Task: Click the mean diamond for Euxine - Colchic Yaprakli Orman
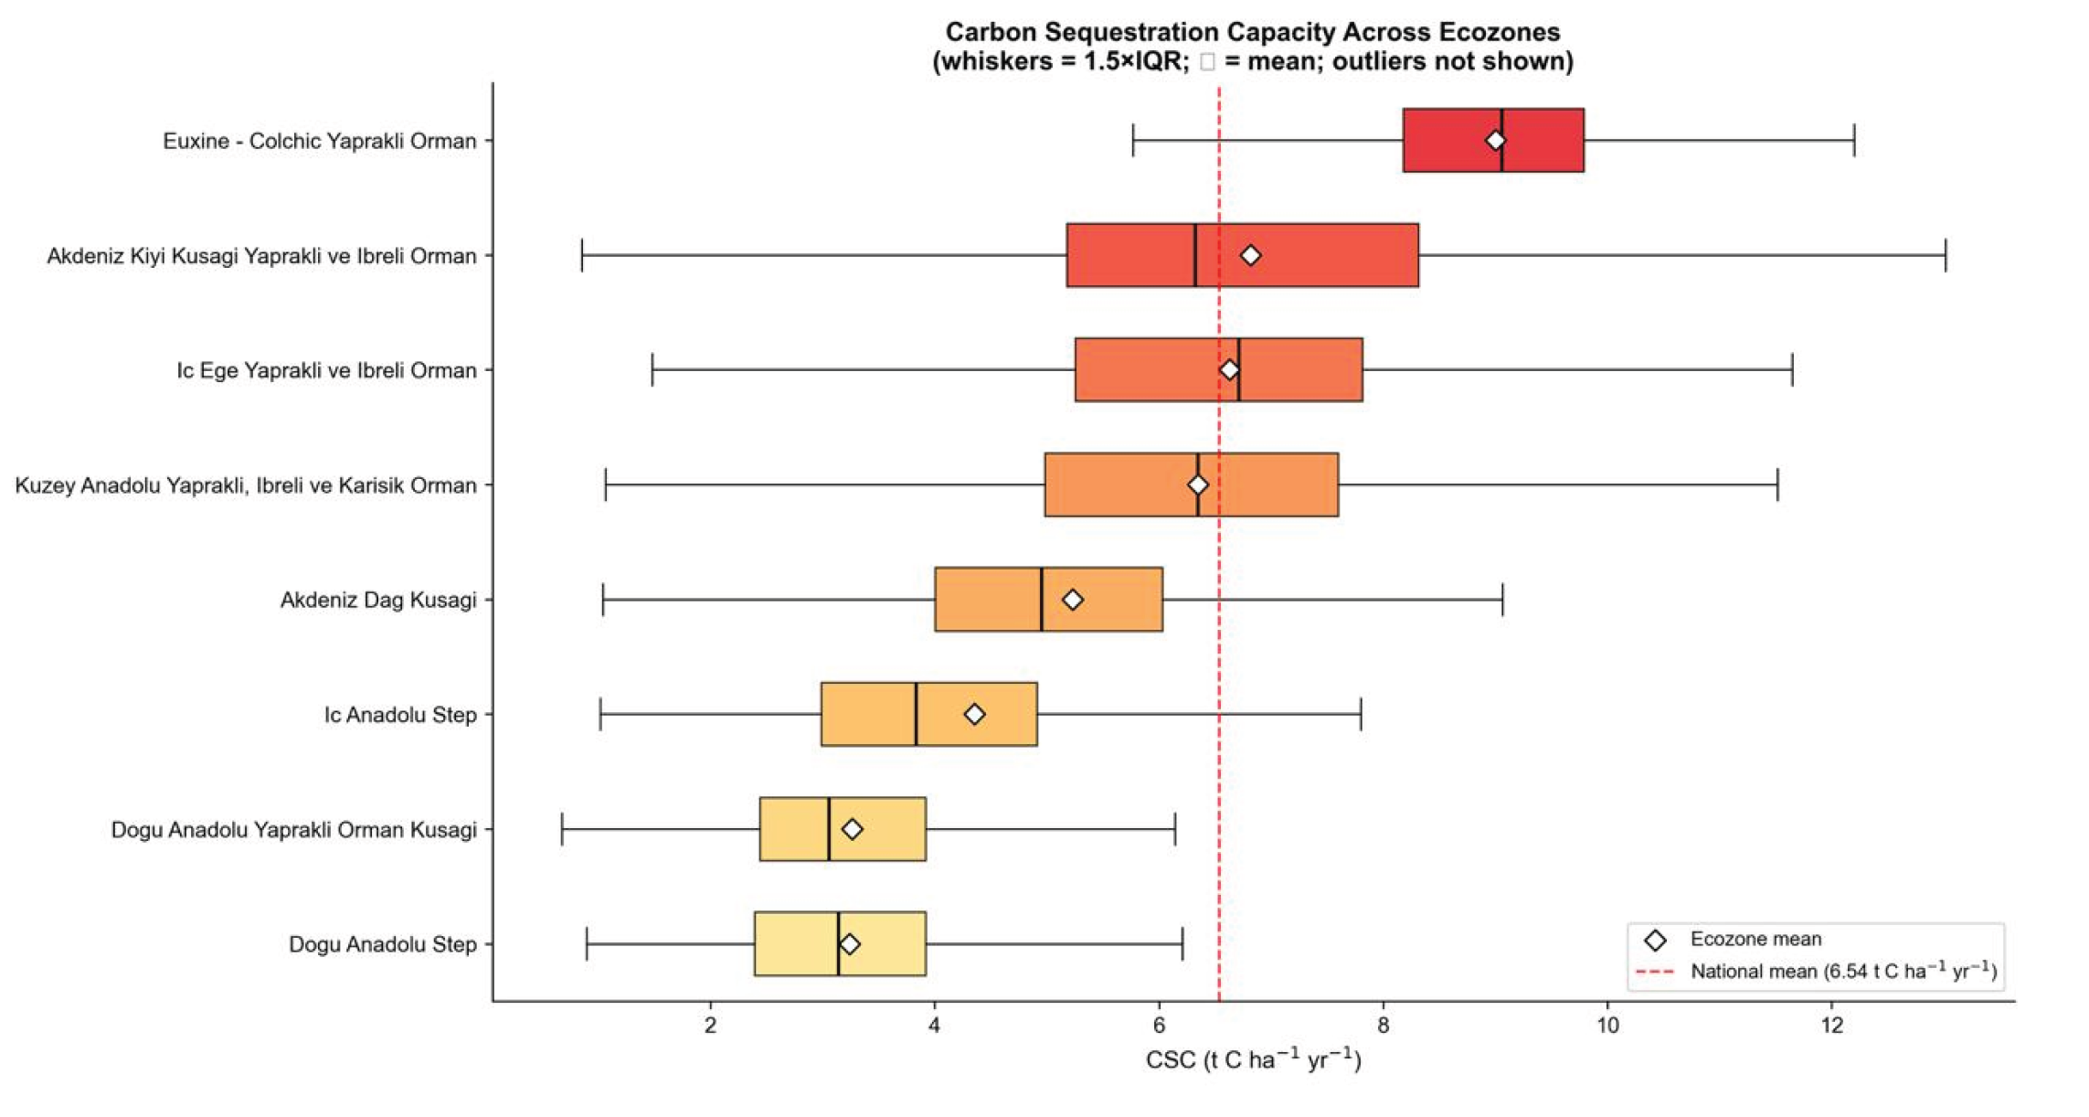click(1495, 140)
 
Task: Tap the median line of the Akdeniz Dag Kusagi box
click(1041, 599)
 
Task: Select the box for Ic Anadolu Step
click(928, 714)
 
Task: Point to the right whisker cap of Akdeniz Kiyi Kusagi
click(1946, 255)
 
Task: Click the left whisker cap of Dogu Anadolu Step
click(587, 943)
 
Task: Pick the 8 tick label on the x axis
click(1384, 1025)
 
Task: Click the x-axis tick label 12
click(1832, 1025)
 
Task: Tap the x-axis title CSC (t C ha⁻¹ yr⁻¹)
click(1253, 1059)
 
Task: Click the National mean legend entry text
click(1843, 971)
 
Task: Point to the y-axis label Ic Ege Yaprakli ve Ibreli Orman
click(326, 370)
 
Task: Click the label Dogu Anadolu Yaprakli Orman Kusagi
click(293, 829)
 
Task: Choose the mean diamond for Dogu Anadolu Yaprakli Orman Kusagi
click(852, 829)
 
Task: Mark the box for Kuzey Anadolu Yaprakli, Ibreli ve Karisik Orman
click(1192, 484)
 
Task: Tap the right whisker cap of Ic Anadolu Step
click(1361, 714)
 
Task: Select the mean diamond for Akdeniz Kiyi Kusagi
click(1250, 255)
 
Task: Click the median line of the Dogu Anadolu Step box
click(838, 943)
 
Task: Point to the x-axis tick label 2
click(710, 1025)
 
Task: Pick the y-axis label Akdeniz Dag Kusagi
click(378, 600)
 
